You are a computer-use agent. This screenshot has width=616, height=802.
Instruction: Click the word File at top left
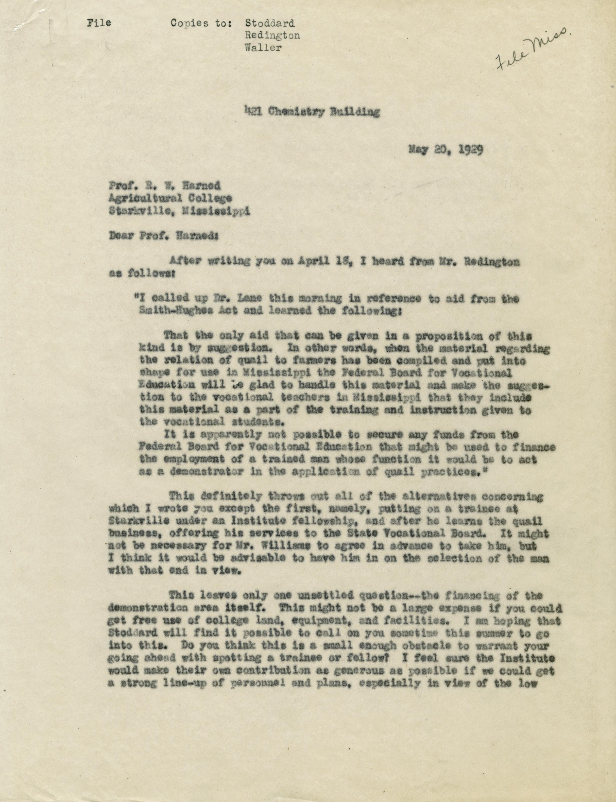pos(99,23)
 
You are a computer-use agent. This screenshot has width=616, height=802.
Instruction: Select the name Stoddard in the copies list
pos(270,23)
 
